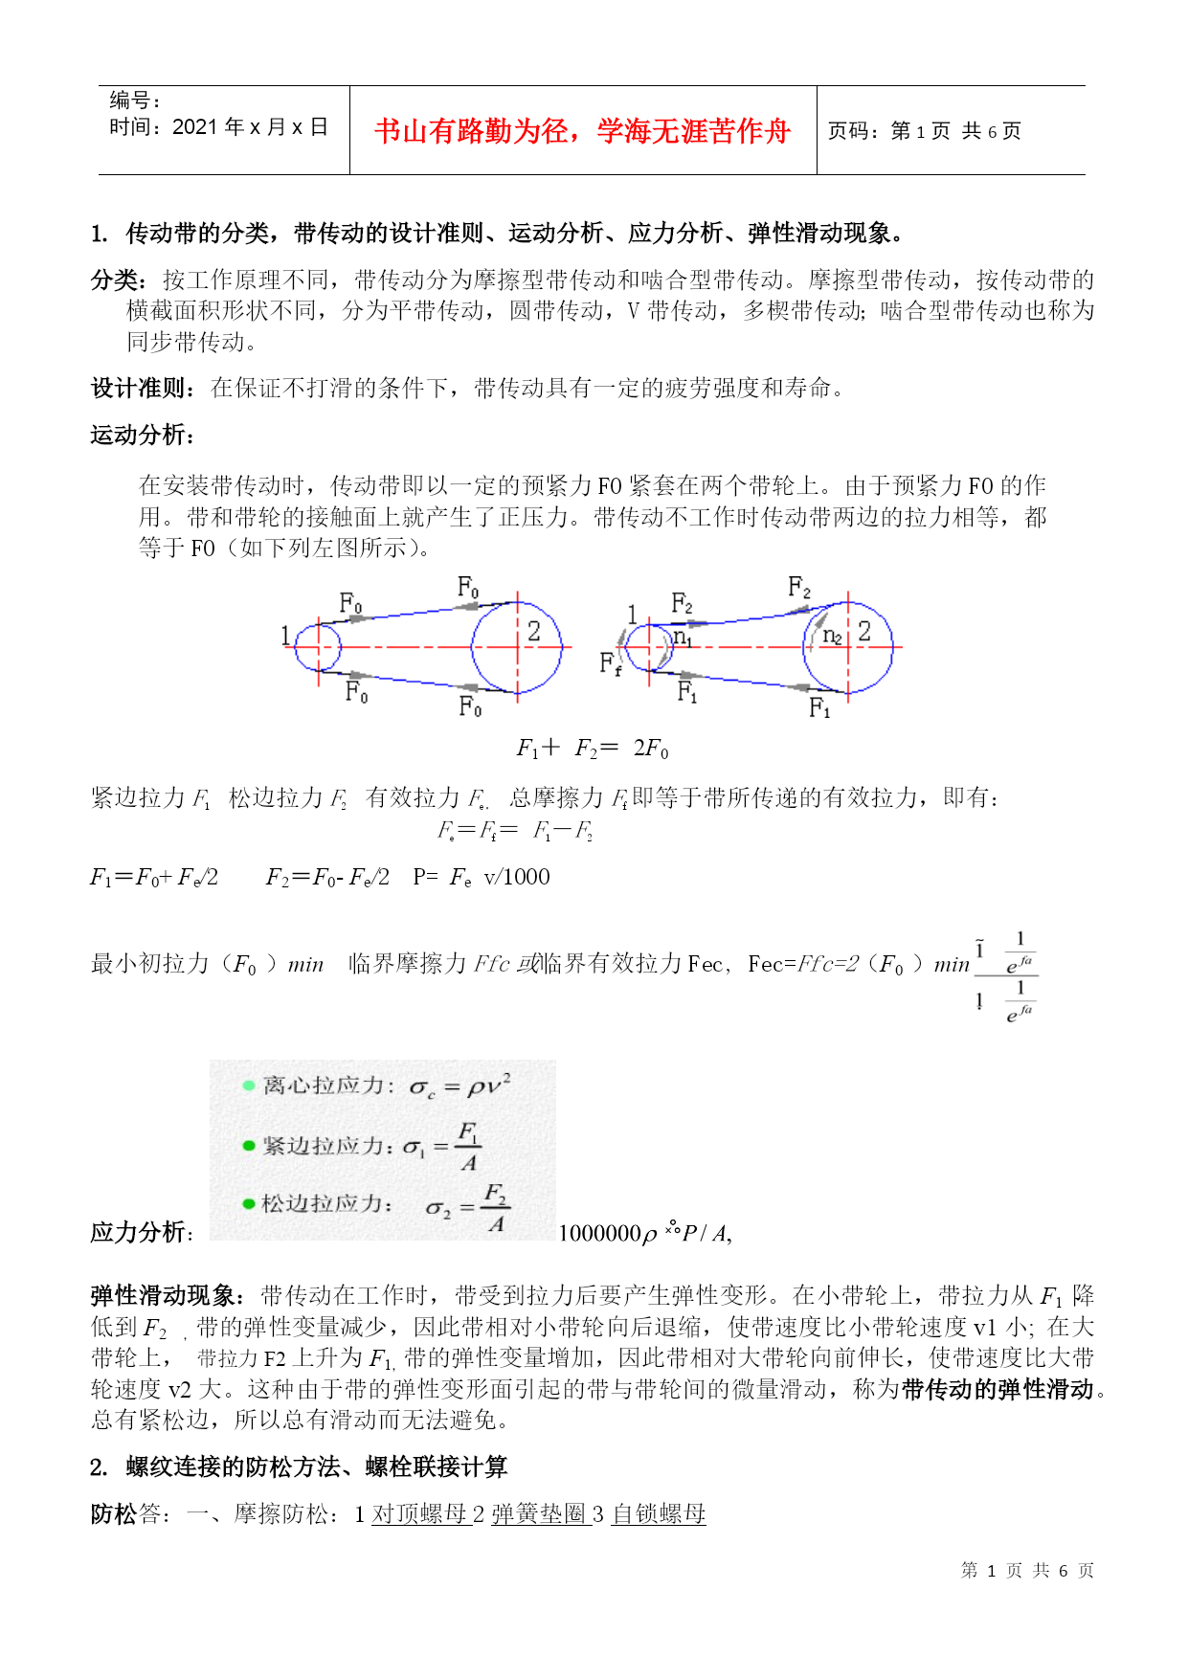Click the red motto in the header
[x=582, y=131]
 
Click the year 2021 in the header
[x=195, y=127]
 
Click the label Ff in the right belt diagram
[x=610, y=663]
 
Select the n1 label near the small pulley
[x=682, y=637]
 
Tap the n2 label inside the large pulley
[x=832, y=636]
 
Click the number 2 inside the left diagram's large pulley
[x=534, y=631]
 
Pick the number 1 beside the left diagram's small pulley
[x=285, y=636]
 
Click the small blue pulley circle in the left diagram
[x=318, y=647]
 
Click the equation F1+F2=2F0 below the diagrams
[x=593, y=749]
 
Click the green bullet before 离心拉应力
[x=249, y=1086]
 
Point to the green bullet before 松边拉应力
[x=249, y=1204]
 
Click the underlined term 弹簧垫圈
[x=538, y=1513]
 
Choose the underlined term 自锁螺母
[x=659, y=1513]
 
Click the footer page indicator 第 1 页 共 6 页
[x=1027, y=1570]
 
